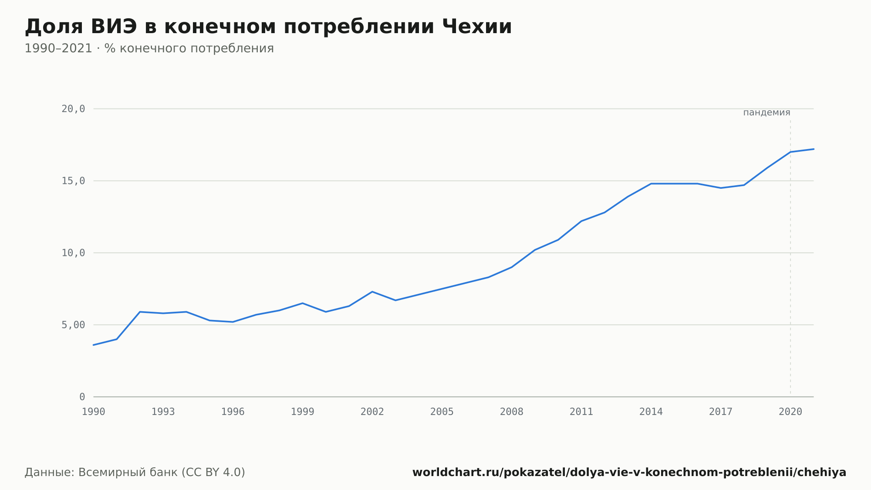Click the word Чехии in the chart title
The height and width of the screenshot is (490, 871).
pos(477,27)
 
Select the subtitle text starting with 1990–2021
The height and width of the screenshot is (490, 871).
pos(149,48)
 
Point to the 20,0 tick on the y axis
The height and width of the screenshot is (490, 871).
pos(73,109)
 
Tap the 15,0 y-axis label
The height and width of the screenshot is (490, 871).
pos(73,181)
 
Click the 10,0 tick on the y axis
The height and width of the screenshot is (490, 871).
pos(73,253)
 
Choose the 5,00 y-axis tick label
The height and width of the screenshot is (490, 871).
pos(73,325)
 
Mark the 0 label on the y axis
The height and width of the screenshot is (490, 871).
pos(82,397)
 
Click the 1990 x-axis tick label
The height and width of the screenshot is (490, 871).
pos(94,412)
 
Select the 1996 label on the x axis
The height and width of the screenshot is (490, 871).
pos(233,412)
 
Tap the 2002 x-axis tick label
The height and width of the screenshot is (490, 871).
pos(372,412)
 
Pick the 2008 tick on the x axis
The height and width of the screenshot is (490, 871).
pos(512,412)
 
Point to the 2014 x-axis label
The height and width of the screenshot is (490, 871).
pos(651,412)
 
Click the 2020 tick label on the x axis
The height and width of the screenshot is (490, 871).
pos(790,412)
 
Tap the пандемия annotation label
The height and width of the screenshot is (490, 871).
pos(766,112)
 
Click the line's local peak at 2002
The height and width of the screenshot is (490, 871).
pos(372,292)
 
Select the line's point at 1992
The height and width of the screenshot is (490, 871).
pos(140,312)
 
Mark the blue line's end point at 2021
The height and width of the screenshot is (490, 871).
pos(814,149)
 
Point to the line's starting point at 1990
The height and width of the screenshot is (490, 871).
pos(94,345)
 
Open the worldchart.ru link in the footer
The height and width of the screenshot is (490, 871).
pos(629,473)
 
